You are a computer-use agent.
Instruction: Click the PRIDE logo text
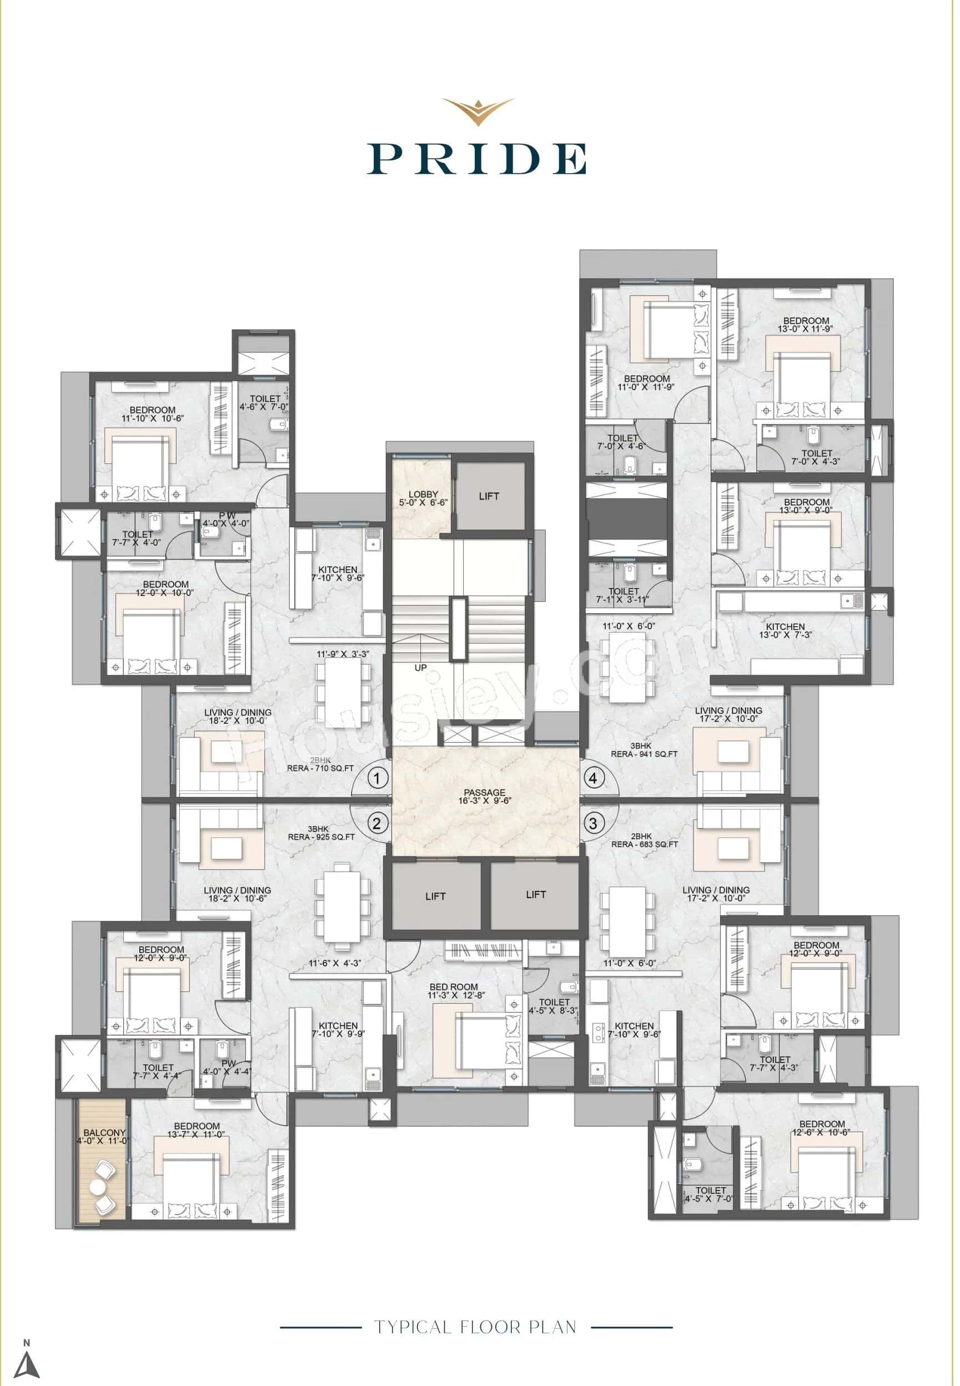pyautogui.click(x=477, y=159)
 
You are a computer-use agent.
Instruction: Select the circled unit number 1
pyautogui.click(x=377, y=779)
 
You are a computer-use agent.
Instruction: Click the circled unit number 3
pyautogui.click(x=593, y=823)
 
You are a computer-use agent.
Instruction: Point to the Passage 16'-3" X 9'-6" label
pyautogui.click(x=484, y=796)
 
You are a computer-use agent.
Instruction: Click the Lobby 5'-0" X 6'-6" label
pyautogui.click(x=423, y=498)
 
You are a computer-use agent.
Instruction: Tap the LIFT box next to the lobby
pyautogui.click(x=489, y=496)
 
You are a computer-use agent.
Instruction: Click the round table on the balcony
pyautogui.click(x=98, y=1187)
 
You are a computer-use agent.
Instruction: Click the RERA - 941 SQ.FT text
pyautogui.click(x=644, y=753)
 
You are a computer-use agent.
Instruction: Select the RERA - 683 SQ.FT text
pyautogui.click(x=644, y=844)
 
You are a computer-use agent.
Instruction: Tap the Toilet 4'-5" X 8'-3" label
pyautogui.click(x=554, y=1006)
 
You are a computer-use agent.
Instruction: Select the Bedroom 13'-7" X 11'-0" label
pyautogui.click(x=196, y=1130)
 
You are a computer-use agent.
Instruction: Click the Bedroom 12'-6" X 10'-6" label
pyautogui.click(x=822, y=1127)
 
